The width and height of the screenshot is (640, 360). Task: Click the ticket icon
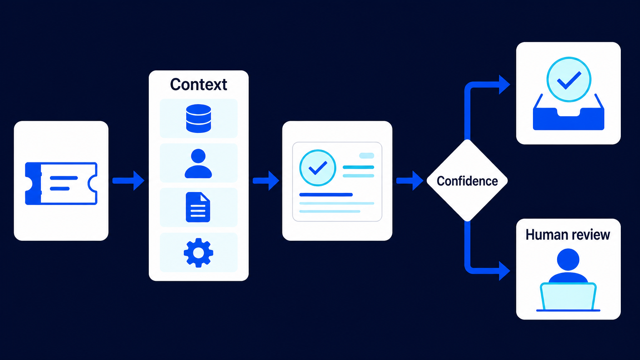click(61, 183)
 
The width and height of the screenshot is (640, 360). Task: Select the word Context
click(199, 85)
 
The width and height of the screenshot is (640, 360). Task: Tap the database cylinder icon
click(199, 118)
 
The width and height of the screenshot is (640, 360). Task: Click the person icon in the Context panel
click(198, 163)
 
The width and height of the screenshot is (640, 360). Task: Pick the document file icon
click(198, 207)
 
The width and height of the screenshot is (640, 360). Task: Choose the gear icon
click(198, 252)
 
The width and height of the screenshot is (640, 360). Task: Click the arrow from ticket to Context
click(128, 180)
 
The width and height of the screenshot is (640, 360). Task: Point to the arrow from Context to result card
click(266, 180)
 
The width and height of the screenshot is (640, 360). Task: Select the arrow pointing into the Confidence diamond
click(410, 180)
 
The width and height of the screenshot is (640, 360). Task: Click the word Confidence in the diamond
click(467, 181)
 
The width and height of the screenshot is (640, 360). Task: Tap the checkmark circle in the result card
click(318, 168)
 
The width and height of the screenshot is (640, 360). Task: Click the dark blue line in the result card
click(326, 195)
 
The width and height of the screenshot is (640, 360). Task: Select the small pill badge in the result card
click(367, 155)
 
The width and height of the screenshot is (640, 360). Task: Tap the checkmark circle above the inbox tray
click(569, 80)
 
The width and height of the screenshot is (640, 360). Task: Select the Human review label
click(568, 235)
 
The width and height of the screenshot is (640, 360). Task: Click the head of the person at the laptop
click(568, 260)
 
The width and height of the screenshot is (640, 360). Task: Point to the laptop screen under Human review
click(568, 297)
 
